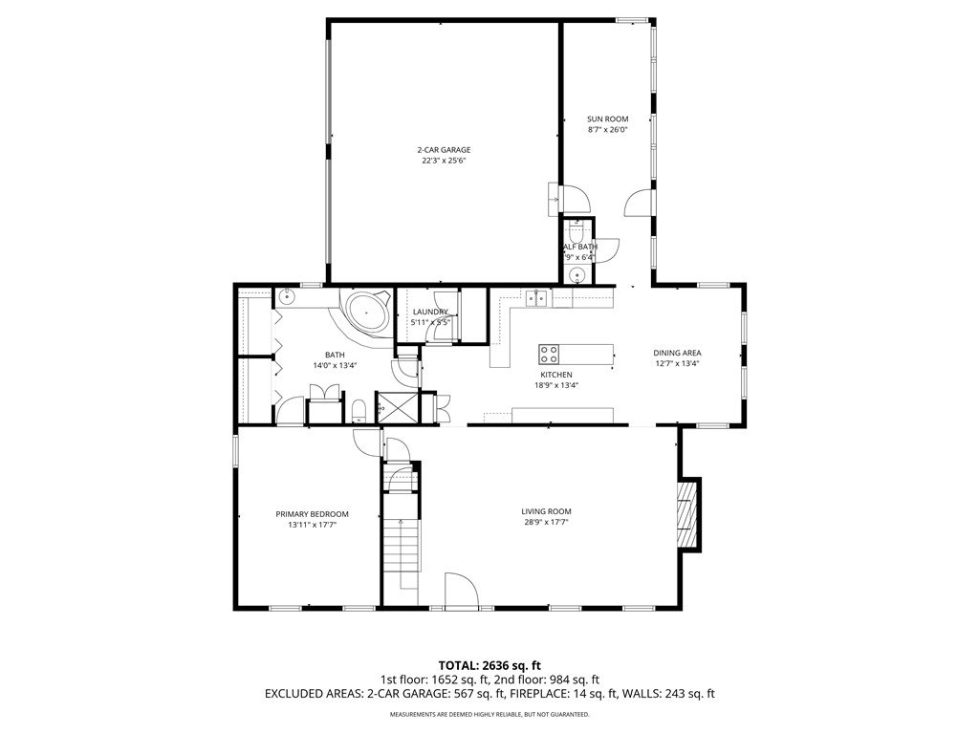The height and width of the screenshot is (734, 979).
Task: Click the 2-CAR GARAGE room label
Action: point(443,150)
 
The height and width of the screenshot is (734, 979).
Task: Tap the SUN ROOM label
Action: point(607,119)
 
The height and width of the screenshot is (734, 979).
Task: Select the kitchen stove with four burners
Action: point(550,354)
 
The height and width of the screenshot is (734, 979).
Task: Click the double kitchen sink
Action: point(535,297)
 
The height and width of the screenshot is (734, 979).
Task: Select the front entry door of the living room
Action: point(461,591)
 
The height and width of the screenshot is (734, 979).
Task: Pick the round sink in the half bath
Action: point(577,276)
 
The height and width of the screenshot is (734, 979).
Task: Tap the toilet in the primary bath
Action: point(359,411)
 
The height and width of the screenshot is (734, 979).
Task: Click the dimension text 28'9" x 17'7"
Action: point(546,523)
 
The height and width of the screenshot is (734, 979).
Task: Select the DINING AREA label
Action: point(677,353)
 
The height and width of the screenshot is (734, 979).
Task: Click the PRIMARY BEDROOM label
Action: point(312,513)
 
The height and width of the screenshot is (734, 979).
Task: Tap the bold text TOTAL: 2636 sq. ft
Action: point(489,665)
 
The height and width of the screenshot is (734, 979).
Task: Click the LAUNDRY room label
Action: point(430,312)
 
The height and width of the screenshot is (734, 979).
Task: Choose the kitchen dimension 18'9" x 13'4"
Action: point(555,385)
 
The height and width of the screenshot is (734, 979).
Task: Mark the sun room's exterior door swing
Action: point(638,203)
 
